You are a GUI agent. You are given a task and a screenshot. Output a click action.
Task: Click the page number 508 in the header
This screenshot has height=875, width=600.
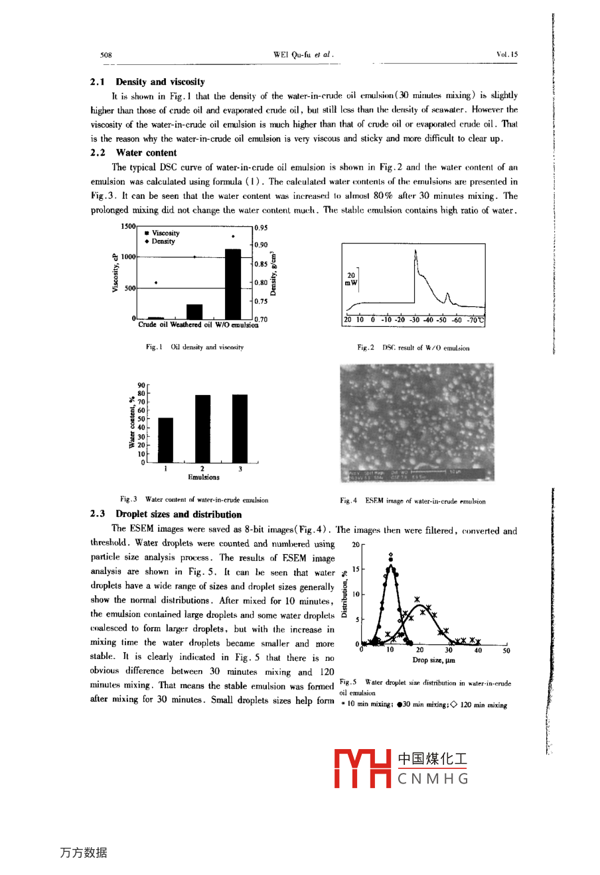point(106,55)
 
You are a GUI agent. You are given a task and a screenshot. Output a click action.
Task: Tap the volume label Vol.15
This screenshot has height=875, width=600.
point(507,55)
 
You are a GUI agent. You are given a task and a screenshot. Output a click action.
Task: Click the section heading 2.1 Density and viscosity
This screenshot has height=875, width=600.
point(147,82)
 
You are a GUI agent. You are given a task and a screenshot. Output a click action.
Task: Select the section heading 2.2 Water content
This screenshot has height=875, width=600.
point(133,152)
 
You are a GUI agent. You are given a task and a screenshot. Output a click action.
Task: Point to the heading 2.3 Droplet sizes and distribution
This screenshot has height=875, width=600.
point(166,514)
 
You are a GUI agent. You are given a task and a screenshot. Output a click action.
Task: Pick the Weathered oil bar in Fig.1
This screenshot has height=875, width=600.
point(194,312)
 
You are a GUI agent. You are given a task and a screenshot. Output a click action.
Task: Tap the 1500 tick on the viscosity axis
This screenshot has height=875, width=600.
point(127,226)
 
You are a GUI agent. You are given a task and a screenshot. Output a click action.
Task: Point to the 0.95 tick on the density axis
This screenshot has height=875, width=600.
point(261,228)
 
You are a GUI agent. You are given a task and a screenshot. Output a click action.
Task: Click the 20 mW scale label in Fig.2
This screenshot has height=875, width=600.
point(351,278)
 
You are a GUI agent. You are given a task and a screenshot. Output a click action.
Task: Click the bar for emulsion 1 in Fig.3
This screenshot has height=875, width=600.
point(165,440)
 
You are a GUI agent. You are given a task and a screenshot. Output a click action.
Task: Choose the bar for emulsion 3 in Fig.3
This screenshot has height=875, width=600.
point(240,428)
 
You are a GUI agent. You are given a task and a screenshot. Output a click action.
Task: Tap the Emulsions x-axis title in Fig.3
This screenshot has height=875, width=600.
point(203,477)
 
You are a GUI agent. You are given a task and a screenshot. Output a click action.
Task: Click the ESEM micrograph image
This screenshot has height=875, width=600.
point(417,422)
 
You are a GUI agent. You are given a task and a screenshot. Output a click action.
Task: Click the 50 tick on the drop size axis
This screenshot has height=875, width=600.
point(506,651)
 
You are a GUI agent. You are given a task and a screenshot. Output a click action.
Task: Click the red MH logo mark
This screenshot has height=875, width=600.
point(362,768)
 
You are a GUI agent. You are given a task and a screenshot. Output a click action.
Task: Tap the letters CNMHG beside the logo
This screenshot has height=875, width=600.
point(433,779)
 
